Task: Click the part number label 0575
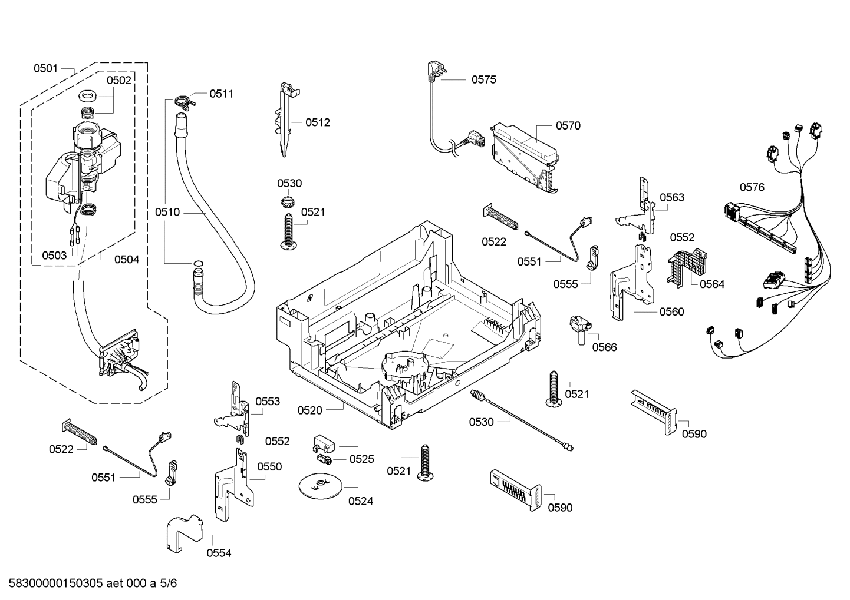pos(483,79)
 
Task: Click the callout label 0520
pos(309,410)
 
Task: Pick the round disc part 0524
pos(320,485)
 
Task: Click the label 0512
pos(318,122)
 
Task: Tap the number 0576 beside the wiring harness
pos(752,187)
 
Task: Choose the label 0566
pos(604,347)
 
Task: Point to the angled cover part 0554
pos(185,533)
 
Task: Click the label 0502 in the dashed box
pos(119,81)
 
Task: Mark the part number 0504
pos(127,259)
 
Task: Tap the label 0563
pos(672,197)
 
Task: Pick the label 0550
pos(269,466)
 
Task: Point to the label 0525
pos(361,459)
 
